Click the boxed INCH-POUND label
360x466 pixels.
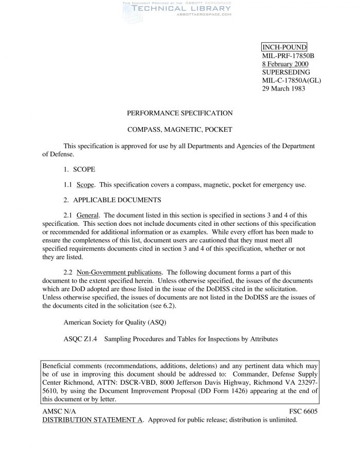(284, 47)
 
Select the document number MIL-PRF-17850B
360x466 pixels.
(288, 56)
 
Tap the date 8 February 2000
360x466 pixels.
(285, 64)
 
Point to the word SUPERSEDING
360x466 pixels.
(286, 72)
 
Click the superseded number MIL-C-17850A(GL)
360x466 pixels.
(292, 80)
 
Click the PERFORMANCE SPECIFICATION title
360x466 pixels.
(180, 113)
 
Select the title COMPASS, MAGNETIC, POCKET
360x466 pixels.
(180, 130)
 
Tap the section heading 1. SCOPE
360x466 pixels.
(79, 169)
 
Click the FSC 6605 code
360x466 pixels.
(304, 411)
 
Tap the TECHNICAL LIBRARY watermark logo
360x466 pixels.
(175, 8)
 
